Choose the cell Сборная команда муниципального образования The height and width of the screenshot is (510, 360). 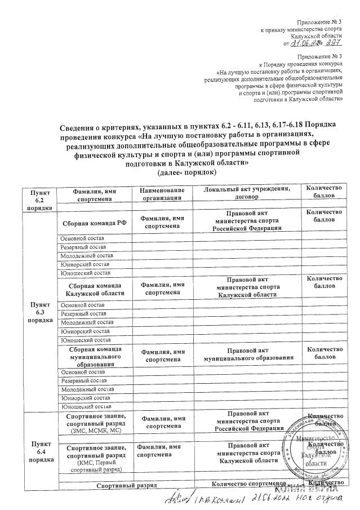tap(95, 357)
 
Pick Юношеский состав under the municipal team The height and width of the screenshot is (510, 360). tap(86, 406)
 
